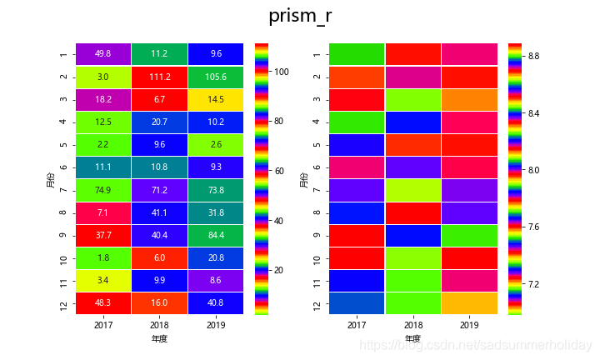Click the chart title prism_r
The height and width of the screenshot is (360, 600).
point(300,17)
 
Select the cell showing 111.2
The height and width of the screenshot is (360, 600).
point(159,77)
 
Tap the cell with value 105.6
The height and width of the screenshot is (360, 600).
point(215,77)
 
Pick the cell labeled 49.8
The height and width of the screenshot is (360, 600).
point(103,54)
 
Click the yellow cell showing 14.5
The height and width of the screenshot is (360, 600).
point(215,99)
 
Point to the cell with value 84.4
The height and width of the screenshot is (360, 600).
point(215,236)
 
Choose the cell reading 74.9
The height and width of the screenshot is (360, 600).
point(103,190)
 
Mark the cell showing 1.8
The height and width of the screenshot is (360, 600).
point(103,258)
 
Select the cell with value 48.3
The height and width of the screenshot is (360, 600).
point(103,304)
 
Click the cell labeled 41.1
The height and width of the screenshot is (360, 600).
point(159,213)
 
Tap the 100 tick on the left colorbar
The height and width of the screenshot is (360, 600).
point(282,72)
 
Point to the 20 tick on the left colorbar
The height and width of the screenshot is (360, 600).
point(282,271)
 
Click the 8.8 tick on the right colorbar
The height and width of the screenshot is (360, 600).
point(532,56)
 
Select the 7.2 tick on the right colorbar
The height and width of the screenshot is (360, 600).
point(532,284)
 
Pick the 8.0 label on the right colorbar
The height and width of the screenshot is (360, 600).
point(532,170)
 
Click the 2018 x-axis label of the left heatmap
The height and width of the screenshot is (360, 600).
point(159,324)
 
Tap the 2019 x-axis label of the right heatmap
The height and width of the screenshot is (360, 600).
point(469,324)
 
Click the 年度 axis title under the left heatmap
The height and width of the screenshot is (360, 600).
point(159,339)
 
